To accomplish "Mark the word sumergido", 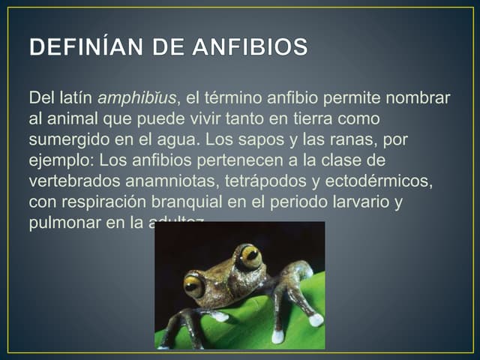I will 65,140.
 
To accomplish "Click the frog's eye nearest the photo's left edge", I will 193,285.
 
